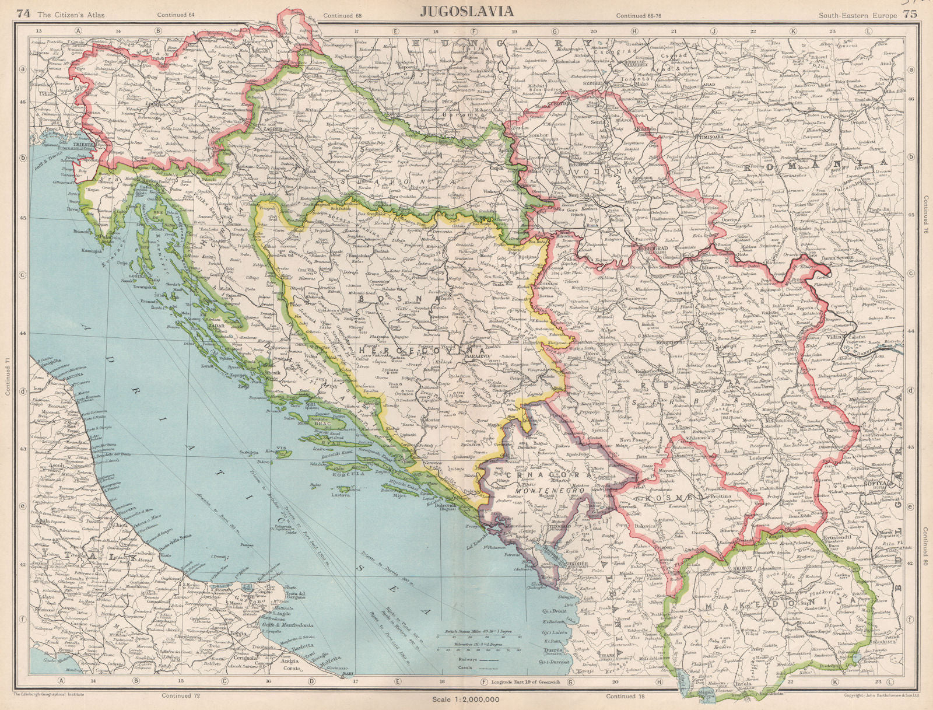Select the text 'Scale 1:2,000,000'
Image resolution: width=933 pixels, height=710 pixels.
(465, 700)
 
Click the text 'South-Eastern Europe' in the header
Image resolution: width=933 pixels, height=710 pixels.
(857, 15)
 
